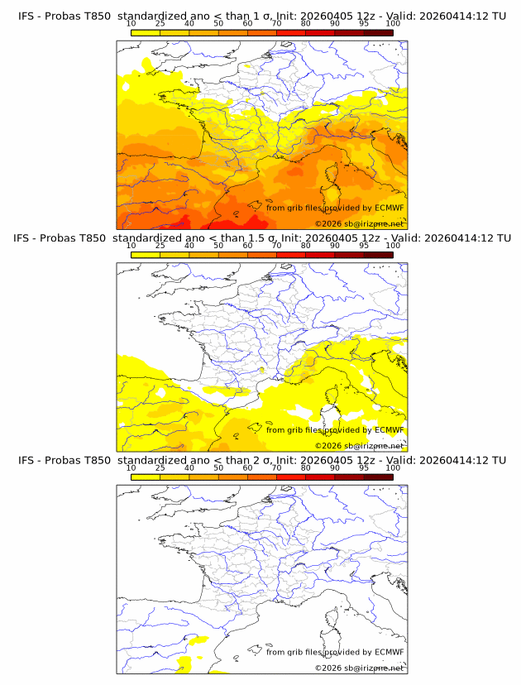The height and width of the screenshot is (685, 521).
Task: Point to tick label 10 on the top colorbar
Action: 131,25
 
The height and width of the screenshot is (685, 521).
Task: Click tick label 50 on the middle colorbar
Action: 218,247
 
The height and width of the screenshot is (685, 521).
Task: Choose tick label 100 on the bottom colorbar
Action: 393,469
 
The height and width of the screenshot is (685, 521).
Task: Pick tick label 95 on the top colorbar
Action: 364,25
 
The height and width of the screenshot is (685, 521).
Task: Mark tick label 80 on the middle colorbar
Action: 306,247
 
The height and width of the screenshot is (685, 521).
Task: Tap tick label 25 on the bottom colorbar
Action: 160,469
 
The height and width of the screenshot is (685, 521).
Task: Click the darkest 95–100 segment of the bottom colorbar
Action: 378,477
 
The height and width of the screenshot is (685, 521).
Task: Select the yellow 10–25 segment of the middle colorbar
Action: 146,255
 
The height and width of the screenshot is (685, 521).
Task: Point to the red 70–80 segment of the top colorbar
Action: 291,32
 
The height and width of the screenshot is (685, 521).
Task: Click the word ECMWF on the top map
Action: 389,208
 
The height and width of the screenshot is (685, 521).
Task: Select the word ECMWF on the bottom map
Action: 389,652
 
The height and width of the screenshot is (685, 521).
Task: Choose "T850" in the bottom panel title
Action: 93,460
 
